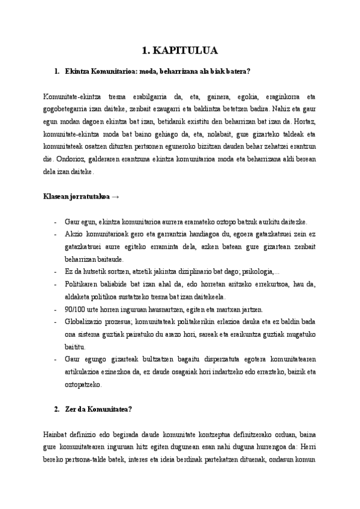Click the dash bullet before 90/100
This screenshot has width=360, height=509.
55,309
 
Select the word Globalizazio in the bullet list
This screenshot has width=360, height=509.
83,321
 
